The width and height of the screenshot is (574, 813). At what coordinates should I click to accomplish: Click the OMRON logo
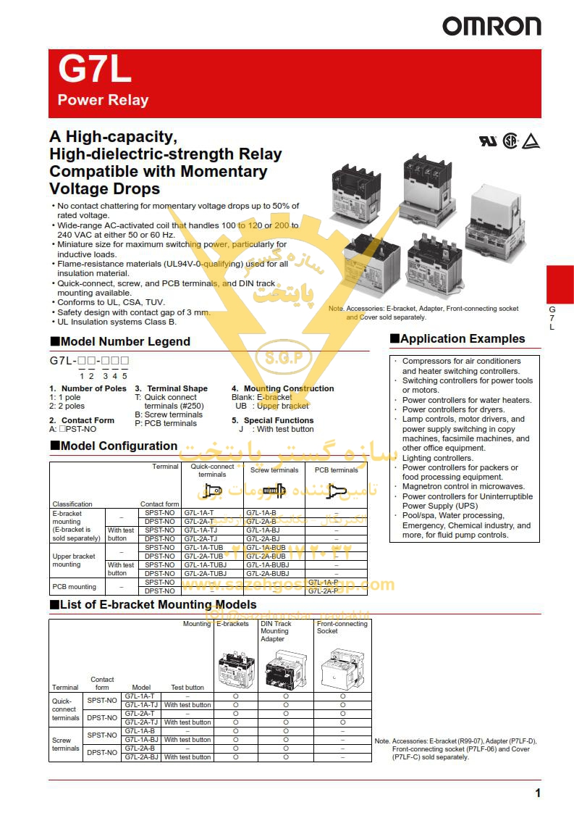tap(491, 27)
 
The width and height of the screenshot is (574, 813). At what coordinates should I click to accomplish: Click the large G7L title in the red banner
tap(94, 71)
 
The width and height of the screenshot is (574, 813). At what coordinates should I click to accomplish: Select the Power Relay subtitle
tap(103, 100)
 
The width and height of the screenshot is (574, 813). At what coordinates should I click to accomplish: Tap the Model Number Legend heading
tap(125, 341)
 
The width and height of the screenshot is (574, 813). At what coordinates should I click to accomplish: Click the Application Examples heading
tap(463, 338)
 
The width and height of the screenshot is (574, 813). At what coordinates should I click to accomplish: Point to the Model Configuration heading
tap(119, 446)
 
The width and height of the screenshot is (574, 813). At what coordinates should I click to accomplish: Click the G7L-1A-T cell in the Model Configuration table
tap(199, 513)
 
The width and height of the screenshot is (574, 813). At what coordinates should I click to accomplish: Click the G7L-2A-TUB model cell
tap(204, 556)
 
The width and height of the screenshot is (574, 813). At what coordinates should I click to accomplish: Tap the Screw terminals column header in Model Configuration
tap(274, 470)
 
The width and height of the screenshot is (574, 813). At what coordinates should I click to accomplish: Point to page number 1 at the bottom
tap(537, 793)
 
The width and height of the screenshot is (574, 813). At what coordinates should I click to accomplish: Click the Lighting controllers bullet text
tap(437, 458)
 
